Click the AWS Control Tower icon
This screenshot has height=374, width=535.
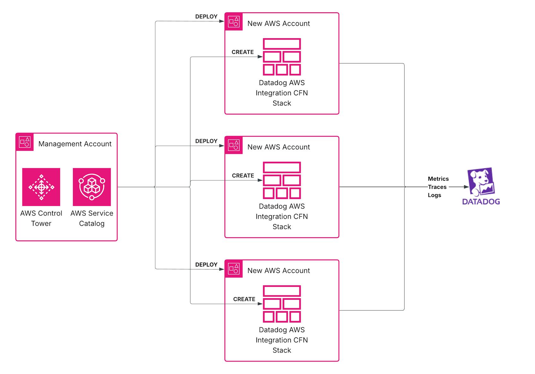point(41,187)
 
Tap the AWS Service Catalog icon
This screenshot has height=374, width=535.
point(92,187)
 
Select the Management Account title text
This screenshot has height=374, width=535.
point(75,144)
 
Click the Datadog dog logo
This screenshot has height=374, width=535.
point(481,182)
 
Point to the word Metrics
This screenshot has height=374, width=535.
point(438,179)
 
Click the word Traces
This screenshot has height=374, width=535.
point(437,187)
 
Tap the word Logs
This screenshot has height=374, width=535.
point(434,195)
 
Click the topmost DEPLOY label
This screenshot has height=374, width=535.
point(206,17)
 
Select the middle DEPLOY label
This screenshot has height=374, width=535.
point(206,141)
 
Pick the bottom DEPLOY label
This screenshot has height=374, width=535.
point(206,265)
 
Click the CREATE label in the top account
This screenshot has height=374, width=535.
point(243,52)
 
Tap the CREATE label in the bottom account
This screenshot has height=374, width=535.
point(244,299)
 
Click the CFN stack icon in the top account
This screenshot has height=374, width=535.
point(282,57)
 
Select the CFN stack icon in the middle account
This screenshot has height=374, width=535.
point(282,180)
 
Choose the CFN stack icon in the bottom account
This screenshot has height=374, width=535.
point(282,304)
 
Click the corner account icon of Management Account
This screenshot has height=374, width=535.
point(25,142)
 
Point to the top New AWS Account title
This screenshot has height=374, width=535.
point(279,24)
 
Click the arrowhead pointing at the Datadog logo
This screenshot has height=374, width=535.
point(466,187)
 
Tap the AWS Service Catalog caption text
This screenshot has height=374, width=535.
point(92,218)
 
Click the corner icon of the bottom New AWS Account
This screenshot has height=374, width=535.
point(234,269)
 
